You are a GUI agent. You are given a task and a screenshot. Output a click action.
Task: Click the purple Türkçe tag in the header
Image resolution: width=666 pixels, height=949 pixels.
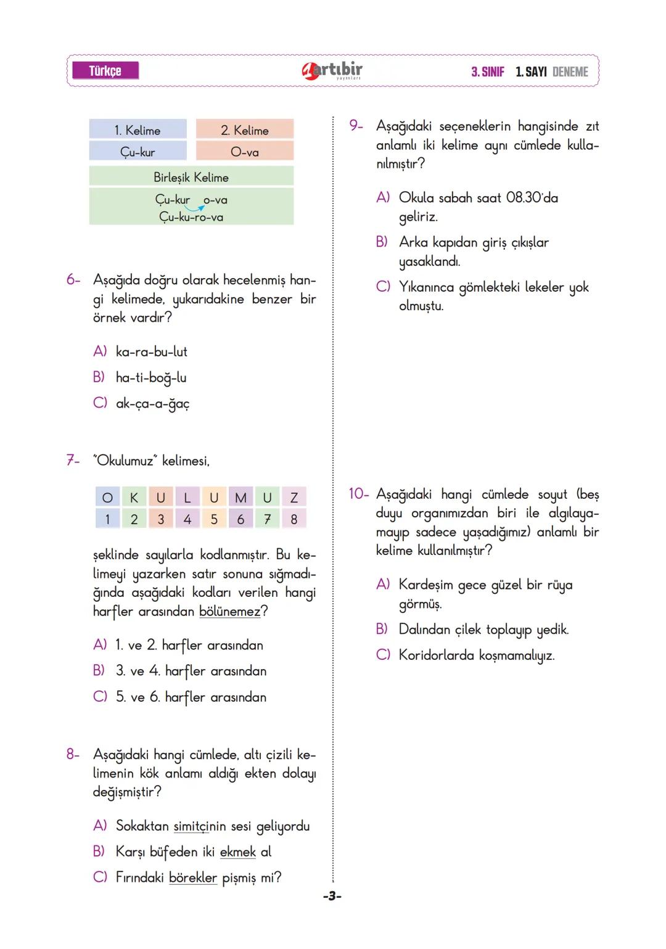(105, 71)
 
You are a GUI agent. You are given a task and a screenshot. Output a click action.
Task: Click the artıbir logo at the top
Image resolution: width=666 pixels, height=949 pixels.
(332, 71)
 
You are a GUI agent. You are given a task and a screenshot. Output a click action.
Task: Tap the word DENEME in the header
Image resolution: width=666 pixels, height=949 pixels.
(570, 72)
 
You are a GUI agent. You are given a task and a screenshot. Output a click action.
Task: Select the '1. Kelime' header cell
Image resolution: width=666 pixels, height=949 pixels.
(138, 130)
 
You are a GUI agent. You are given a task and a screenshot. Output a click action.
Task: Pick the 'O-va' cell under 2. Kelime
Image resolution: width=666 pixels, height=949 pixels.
(244, 152)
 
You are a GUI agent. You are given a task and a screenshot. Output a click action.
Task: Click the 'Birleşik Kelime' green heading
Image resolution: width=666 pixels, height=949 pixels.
(191, 178)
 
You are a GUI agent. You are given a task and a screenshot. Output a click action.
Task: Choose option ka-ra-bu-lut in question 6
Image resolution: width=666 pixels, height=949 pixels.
(151, 352)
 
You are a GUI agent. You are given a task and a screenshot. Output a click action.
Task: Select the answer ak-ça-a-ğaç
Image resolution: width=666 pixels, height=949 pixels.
(152, 404)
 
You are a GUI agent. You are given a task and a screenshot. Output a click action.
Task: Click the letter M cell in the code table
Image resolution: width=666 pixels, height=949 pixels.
(240, 498)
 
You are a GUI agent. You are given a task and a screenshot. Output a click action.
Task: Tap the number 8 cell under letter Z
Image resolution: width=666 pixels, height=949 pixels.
(294, 519)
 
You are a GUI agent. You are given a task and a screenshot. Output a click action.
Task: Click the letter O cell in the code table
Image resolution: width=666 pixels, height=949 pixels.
(107, 498)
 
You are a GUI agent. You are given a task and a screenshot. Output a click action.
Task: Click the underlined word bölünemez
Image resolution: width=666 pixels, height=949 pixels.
(229, 612)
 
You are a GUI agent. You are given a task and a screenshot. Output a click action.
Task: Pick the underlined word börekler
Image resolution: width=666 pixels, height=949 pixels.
(193, 877)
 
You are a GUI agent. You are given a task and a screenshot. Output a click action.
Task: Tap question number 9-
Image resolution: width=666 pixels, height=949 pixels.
(356, 126)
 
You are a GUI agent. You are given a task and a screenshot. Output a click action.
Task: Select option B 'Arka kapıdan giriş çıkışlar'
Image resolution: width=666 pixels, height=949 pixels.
(473, 242)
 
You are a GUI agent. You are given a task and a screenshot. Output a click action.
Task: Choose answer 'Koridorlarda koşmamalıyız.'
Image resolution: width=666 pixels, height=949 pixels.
(476, 655)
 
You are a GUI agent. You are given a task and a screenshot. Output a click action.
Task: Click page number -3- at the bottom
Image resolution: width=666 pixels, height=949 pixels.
(332, 896)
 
